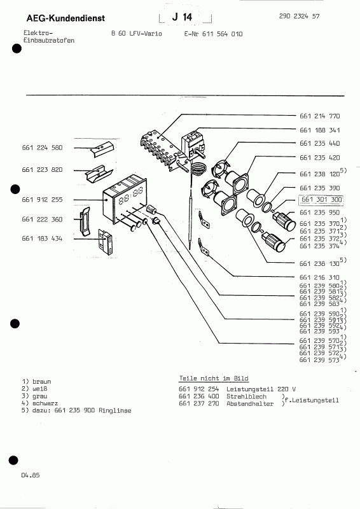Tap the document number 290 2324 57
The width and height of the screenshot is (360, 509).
pyautogui.click(x=317, y=15)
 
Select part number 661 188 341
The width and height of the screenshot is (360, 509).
pyautogui.click(x=319, y=130)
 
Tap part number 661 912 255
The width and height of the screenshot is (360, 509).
pyautogui.click(x=42, y=200)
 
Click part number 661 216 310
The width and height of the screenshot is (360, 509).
pyautogui.click(x=319, y=277)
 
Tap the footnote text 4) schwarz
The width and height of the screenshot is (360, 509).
pyautogui.click(x=41, y=405)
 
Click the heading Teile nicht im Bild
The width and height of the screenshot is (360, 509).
pyautogui.click(x=213, y=377)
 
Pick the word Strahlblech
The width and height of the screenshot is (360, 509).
pyautogui.click(x=240, y=396)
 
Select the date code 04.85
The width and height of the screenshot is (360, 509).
pyautogui.click(x=30, y=475)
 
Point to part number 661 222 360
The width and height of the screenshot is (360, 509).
pyautogui.click(x=42, y=219)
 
